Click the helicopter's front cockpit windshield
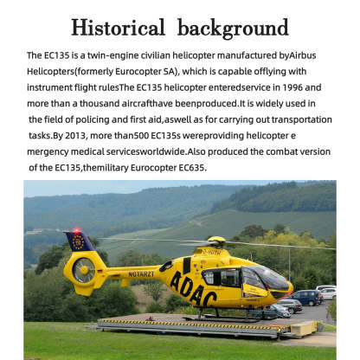(271, 278)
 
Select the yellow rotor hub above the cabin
(216, 241)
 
